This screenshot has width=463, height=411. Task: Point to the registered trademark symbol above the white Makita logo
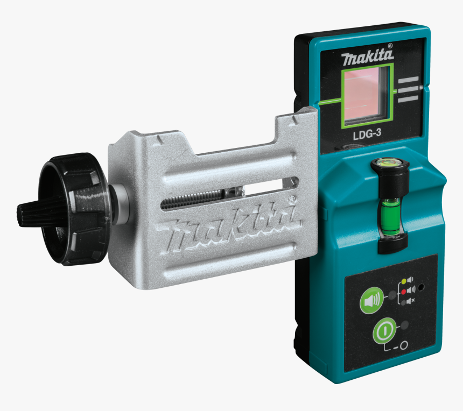click(x=390, y=46)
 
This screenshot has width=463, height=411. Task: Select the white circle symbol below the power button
click(x=403, y=344)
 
